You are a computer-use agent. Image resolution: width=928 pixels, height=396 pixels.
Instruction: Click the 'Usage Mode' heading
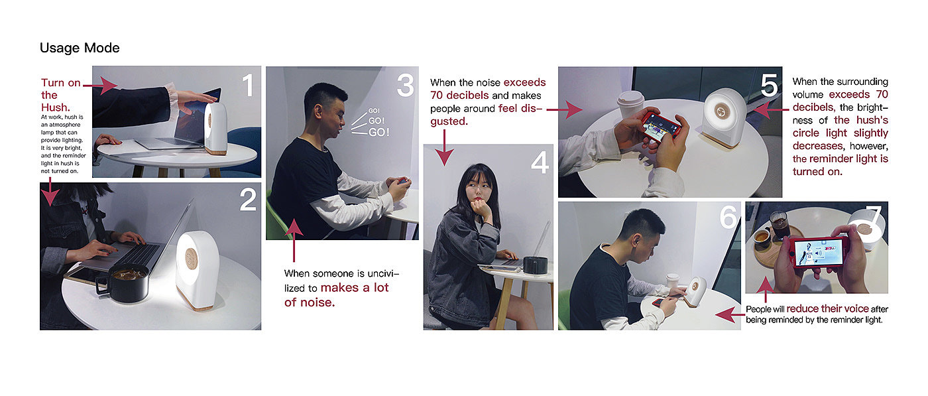tap(80, 48)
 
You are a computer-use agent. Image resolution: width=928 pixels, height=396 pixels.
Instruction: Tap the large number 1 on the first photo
tap(248, 85)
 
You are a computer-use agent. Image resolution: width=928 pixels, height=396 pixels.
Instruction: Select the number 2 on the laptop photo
tap(248, 200)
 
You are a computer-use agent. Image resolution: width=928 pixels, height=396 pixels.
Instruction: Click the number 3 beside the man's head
tap(405, 85)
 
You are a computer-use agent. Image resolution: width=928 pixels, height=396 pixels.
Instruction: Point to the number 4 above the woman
tap(540, 162)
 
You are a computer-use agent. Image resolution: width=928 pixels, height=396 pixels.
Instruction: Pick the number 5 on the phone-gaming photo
tap(769, 86)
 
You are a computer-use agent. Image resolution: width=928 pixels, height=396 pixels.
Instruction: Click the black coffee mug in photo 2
tap(123, 283)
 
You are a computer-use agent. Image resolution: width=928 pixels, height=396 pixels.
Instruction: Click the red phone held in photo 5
tap(662, 127)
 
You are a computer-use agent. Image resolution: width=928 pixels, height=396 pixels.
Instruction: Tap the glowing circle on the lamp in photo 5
tap(722, 111)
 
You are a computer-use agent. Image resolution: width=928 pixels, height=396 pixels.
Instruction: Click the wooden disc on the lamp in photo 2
tap(191, 258)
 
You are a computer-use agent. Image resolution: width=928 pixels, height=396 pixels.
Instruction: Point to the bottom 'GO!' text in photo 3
tap(378, 132)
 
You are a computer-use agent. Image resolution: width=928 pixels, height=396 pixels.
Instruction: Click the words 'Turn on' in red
tap(60, 83)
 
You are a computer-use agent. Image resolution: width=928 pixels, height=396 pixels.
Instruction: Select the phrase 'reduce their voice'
tap(827, 308)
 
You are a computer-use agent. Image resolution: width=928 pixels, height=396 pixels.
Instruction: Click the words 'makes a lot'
tap(355, 287)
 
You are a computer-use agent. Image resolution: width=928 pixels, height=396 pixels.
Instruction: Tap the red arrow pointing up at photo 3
tap(294, 241)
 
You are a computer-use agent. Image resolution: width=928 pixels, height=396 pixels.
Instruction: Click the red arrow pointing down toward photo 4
tap(444, 148)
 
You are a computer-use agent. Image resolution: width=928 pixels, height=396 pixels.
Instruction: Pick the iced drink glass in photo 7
tap(779, 224)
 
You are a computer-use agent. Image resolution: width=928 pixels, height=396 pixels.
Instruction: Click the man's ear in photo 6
tap(634, 241)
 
